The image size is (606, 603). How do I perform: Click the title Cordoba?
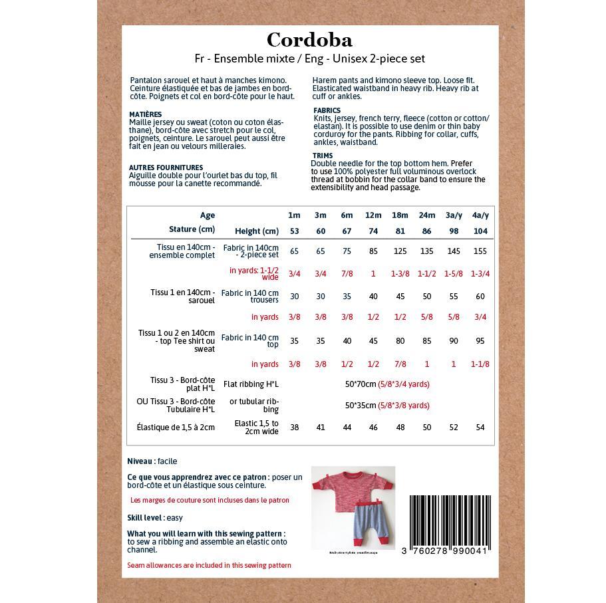tap(309, 40)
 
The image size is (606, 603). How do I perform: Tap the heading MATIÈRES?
tap(145, 114)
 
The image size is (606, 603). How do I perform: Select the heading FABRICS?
tap(327, 110)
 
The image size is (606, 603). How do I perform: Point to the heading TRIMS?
tap(323, 156)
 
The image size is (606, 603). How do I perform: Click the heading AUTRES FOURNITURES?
tap(166, 168)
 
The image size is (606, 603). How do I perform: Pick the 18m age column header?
tap(400, 215)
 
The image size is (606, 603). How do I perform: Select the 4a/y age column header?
tap(480, 215)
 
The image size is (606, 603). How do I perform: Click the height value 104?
tap(480, 231)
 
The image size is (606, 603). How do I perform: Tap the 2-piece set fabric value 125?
tap(400, 251)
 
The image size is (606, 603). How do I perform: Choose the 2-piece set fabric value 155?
tap(480, 251)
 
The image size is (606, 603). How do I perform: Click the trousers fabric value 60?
tap(480, 297)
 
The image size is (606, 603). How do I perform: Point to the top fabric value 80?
tap(400, 341)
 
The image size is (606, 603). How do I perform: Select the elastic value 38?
tap(294, 427)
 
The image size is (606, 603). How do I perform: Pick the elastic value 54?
tap(480, 427)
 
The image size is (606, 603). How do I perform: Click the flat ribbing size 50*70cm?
tap(361, 384)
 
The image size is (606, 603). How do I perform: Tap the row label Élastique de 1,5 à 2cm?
tap(176, 427)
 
